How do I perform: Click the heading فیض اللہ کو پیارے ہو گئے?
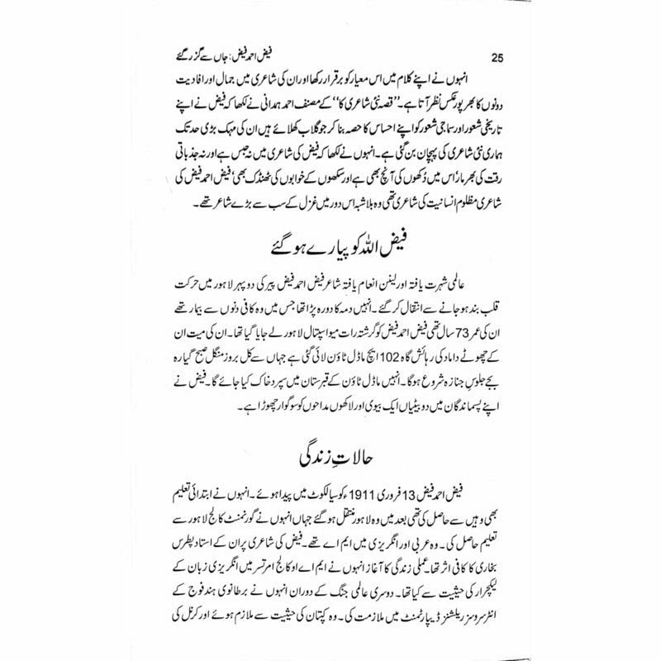pos(330,248)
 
